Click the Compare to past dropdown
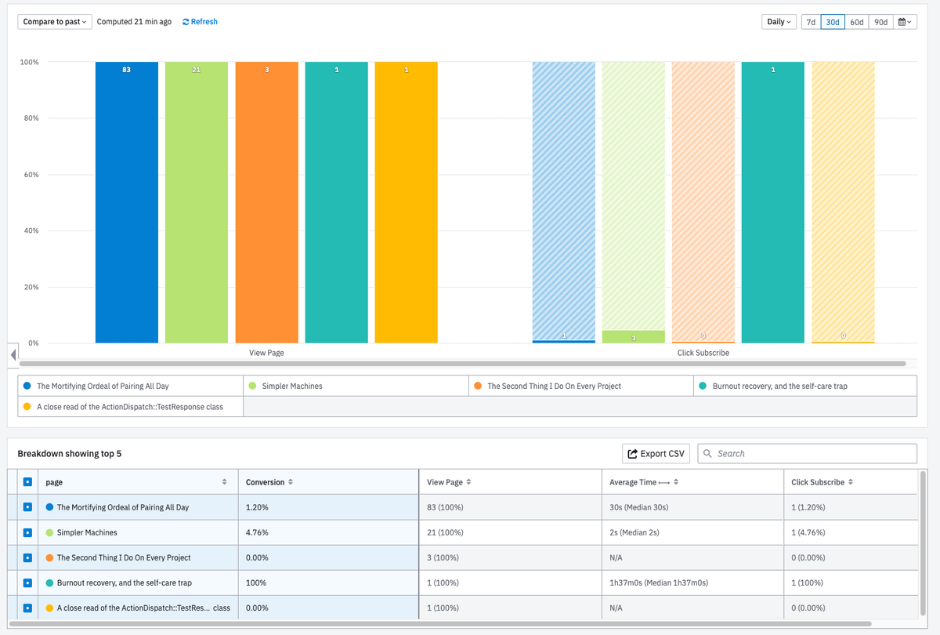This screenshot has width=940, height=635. (55, 22)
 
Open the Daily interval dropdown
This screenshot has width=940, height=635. (779, 22)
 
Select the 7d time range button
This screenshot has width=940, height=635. (811, 22)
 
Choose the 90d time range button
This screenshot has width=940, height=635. (880, 22)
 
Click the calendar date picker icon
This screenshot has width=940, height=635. (905, 22)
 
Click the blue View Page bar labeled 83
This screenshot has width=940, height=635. (126, 204)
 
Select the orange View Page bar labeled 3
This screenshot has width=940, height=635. (266, 204)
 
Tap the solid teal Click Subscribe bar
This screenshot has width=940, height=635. (772, 204)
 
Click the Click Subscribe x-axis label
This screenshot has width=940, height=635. (703, 354)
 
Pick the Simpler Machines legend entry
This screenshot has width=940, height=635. (291, 386)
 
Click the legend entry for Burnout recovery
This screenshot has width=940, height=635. (779, 386)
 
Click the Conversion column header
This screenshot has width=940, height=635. (266, 482)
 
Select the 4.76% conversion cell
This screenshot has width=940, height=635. (257, 533)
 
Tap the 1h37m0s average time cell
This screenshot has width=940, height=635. (659, 583)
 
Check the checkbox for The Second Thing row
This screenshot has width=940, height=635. (27, 558)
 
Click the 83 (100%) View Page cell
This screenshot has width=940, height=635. (445, 508)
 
